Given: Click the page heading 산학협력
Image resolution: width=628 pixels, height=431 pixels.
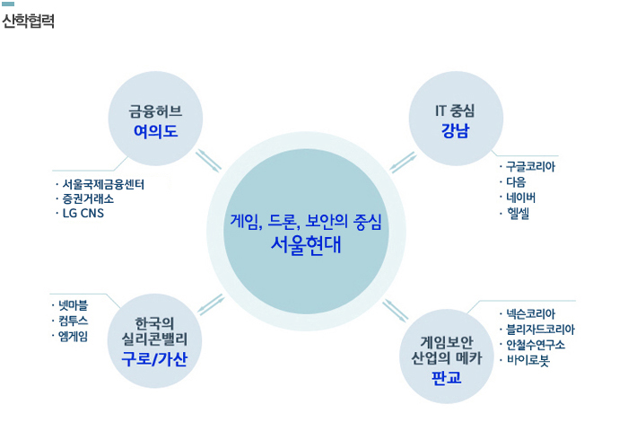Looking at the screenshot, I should pos(29,21).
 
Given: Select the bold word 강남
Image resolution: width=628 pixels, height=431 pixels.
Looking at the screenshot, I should pos(455,132).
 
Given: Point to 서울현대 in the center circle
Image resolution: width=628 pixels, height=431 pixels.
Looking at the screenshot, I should pos(305,244).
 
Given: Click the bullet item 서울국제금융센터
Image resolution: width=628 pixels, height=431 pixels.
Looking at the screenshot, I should pos(103,185).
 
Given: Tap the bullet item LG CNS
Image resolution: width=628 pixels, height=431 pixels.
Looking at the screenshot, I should pos(83,214).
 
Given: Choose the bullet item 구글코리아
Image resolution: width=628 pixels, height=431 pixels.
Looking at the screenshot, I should pos(529,166).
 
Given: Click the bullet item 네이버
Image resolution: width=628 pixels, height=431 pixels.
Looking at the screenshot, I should pos(520,197).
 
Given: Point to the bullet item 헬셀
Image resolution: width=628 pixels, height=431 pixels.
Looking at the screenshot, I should pos(518,213).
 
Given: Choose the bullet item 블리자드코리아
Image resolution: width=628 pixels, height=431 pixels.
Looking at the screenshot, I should pos(539,329).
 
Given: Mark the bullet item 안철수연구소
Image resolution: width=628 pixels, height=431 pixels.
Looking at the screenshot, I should pos(535,344).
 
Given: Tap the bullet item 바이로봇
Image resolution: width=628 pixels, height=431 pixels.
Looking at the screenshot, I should pos(529,359).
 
